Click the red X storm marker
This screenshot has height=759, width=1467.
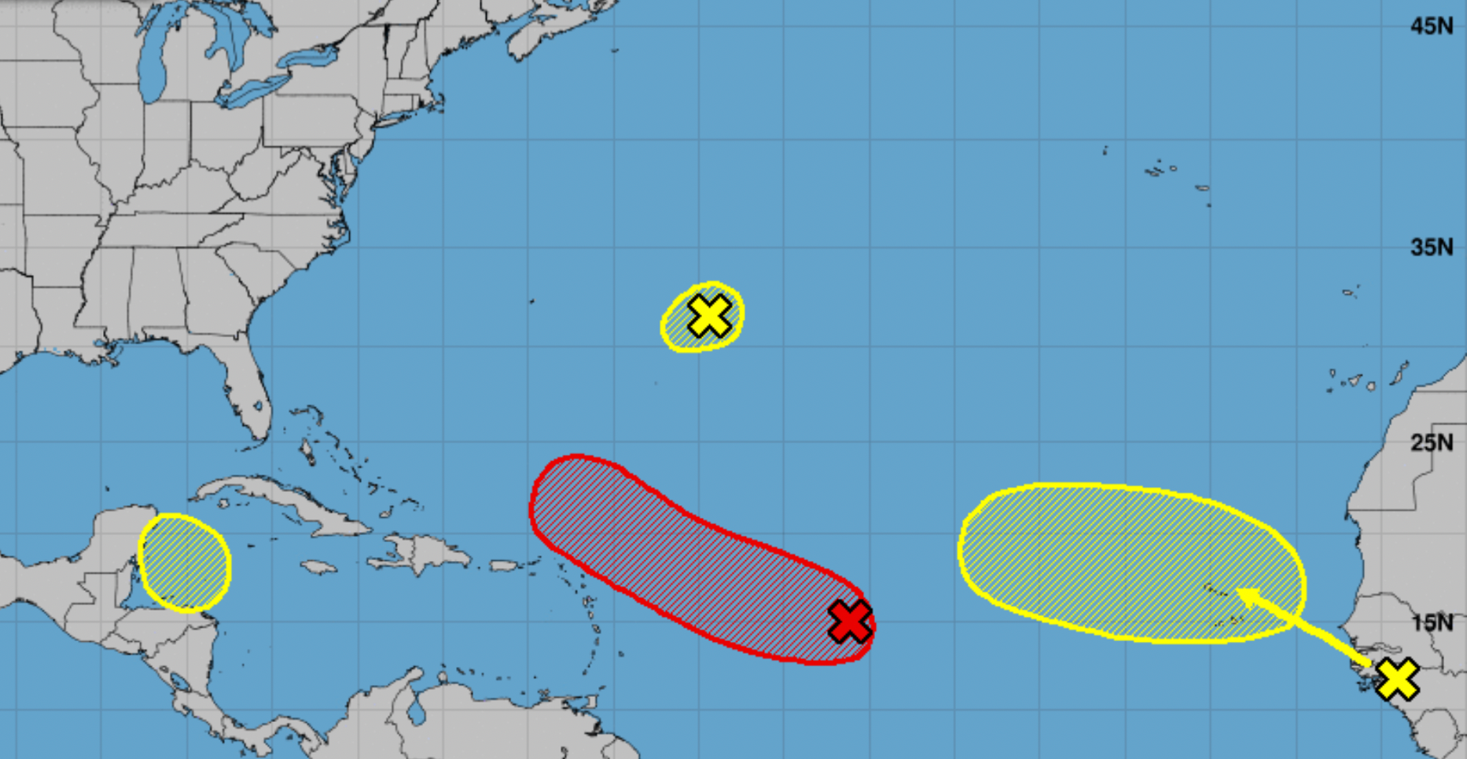[849, 621]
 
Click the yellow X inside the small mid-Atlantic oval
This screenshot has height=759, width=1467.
[709, 316]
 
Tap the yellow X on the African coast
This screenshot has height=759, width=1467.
[1397, 680]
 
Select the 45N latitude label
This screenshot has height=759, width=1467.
[1431, 26]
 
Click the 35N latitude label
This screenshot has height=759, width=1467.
[1431, 247]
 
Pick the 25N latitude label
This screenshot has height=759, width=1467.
[1431, 442]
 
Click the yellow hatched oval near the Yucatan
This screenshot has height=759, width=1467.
[185, 563]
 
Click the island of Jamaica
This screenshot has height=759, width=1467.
[318, 566]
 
